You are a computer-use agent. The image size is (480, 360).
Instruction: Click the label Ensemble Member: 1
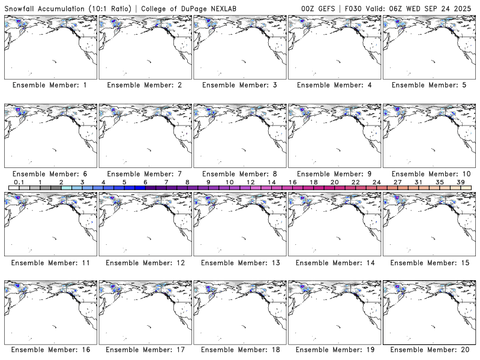(x=50, y=85)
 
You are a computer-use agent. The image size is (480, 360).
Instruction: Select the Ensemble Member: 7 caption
(x=144, y=174)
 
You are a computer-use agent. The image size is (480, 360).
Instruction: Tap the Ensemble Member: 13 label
(x=239, y=263)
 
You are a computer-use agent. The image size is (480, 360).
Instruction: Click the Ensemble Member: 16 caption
(x=50, y=349)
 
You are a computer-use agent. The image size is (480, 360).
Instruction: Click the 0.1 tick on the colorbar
(x=19, y=182)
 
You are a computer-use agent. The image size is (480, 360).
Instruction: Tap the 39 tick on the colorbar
(x=460, y=182)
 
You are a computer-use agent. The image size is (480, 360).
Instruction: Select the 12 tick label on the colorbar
(x=250, y=182)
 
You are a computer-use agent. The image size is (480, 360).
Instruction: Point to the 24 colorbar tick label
(x=376, y=182)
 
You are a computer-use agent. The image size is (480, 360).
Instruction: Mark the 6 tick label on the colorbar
(x=145, y=182)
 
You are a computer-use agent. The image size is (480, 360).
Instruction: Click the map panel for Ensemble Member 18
(x=239, y=312)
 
